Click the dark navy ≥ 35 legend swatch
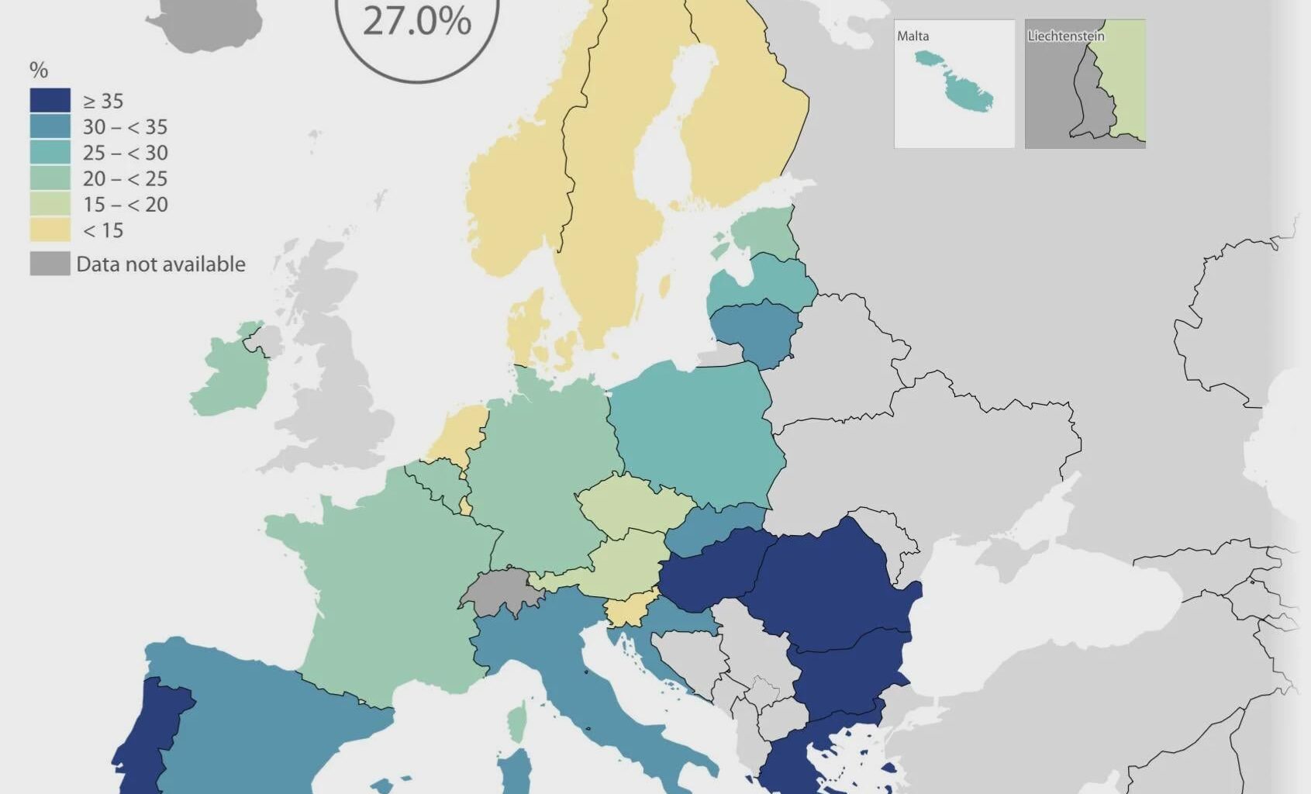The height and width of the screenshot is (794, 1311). click(x=50, y=101)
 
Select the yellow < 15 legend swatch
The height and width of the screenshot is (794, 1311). click(x=50, y=230)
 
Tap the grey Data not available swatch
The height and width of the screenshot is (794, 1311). click(x=50, y=264)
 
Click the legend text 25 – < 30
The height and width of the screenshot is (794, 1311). click(x=125, y=153)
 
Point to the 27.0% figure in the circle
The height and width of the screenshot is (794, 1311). click(x=417, y=21)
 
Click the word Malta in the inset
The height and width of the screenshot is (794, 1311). click(x=913, y=36)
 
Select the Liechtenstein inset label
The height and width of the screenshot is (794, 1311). click(x=1065, y=36)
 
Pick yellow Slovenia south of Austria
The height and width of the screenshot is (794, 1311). click(x=629, y=611)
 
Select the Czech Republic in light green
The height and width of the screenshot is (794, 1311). click(x=632, y=504)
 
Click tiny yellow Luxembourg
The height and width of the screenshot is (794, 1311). click(x=465, y=506)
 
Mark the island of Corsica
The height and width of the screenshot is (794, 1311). click(x=516, y=721)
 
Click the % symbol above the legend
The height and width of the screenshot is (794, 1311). click(x=38, y=71)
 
